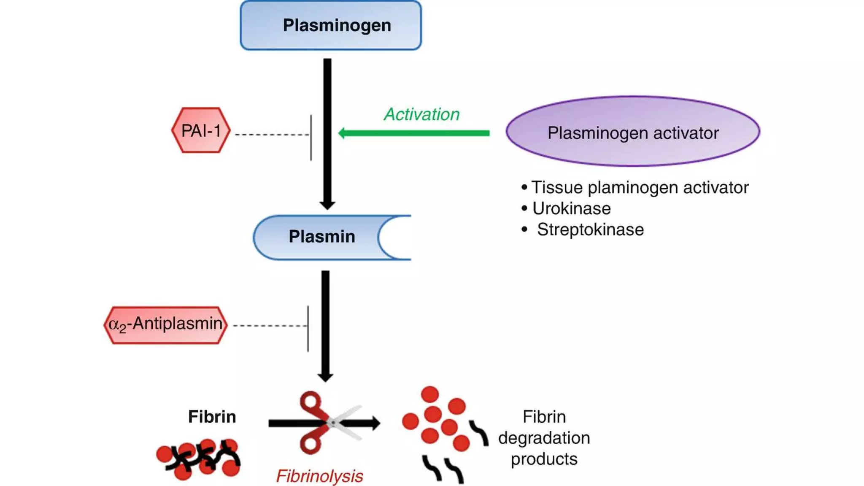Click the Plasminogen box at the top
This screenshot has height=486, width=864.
click(331, 25)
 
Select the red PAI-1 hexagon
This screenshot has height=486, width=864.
click(201, 130)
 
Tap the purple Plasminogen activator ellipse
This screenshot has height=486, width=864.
click(633, 132)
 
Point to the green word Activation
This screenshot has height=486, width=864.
click(421, 114)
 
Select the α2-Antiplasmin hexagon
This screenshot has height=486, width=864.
click(165, 325)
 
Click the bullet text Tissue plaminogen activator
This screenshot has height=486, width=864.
click(639, 187)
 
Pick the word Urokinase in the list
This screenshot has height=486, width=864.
click(571, 208)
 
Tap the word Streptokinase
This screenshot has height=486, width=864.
click(590, 229)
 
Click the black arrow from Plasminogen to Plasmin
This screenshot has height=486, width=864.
click(327, 131)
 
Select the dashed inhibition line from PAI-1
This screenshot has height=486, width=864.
click(272, 135)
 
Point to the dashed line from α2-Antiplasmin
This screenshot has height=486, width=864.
click(270, 326)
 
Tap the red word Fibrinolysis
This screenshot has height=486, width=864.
click(319, 476)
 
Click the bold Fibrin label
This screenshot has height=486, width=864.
click(212, 417)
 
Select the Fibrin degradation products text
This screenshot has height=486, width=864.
click(544, 438)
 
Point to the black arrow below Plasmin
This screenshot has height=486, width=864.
click(325, 325)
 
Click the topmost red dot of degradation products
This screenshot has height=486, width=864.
click(430, 394)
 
